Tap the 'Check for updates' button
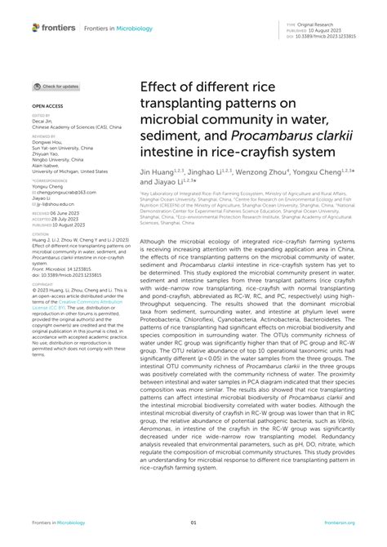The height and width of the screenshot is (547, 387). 56,86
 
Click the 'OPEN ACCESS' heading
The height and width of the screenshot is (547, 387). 48,106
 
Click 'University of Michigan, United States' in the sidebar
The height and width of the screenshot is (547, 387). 69,172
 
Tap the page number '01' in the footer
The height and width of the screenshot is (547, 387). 193,522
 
